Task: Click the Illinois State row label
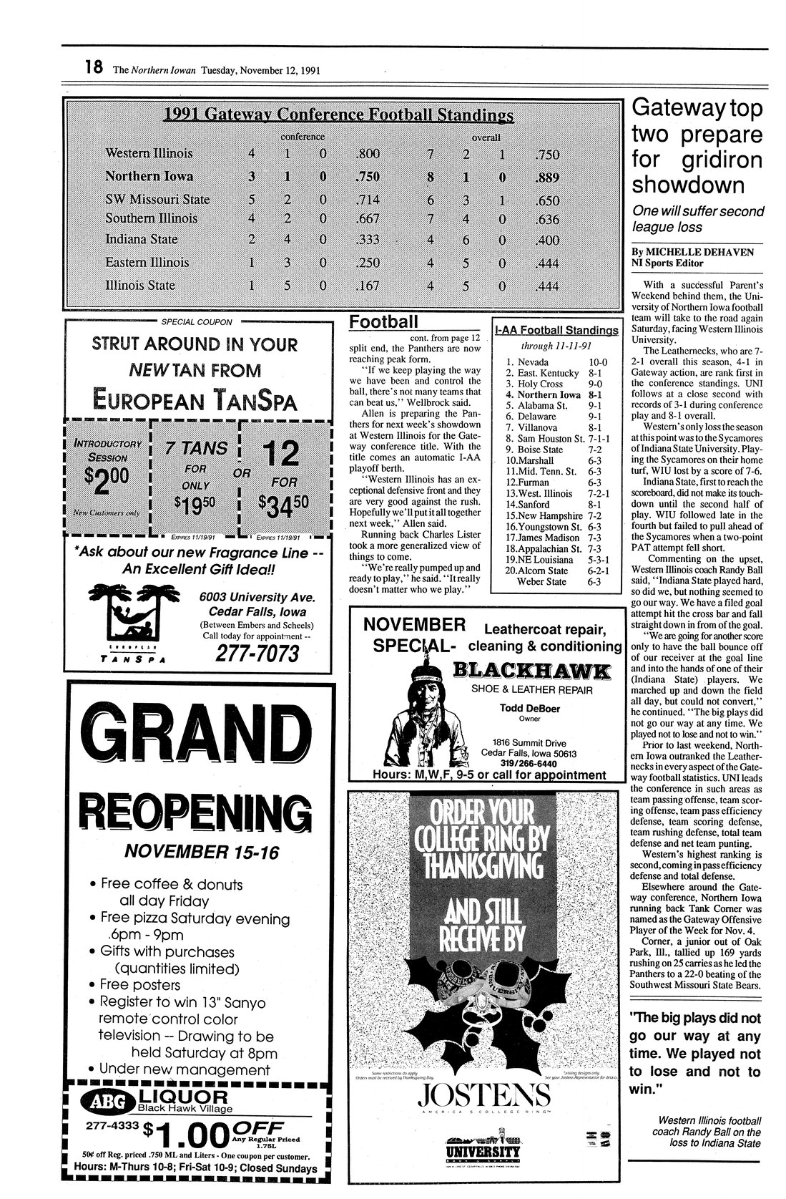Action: pos(139,285)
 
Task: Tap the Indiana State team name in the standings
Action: pos(141,239)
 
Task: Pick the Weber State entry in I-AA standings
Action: pos(541,582)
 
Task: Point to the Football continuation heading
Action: pos(383,322)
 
